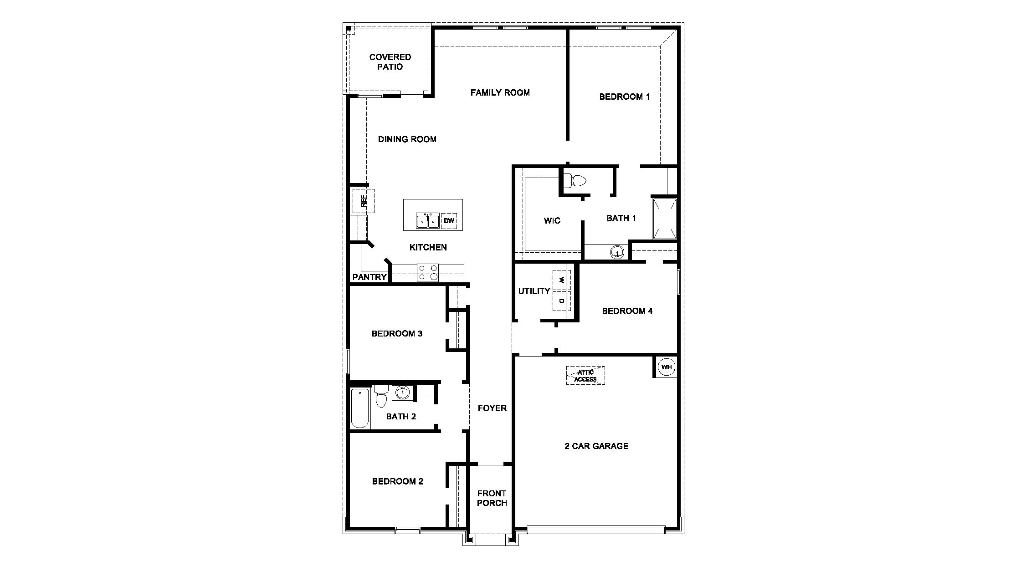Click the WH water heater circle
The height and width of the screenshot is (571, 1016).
coord(666,367)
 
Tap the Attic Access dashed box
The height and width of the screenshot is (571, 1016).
coord(585,376)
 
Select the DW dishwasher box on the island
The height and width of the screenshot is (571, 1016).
coord(449,221)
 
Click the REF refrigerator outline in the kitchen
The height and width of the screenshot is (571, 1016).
coord(363,201)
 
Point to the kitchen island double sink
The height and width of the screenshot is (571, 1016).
coord(427,221)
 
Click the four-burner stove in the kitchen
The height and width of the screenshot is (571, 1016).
coord(428,273)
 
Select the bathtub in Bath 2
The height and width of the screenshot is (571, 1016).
coord(359,408)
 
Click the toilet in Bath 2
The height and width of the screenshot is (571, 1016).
coord(381,397)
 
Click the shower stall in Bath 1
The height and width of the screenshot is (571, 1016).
coord(665,219)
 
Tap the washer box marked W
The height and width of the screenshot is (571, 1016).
coord(562,280)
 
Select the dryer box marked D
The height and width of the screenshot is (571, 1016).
coord(562,301)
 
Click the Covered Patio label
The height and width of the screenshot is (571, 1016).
coord(390,62)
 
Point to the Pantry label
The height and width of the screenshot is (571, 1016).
coord(369,277)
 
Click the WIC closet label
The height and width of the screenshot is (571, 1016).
coord(552,221)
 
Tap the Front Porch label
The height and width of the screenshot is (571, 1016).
coord(492,498)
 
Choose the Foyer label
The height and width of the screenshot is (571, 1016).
coord(492,408)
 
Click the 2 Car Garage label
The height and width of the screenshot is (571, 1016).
coord(596,446)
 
